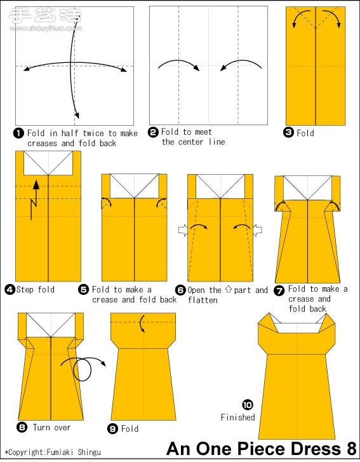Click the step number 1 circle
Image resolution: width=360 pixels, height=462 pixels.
click(x=18, y=133)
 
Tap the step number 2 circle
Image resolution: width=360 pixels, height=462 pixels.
click(x=153, y=132)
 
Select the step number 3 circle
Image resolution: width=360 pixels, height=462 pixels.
click(x=288, y=133)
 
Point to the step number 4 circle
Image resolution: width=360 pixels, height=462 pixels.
click(x=10, y=289)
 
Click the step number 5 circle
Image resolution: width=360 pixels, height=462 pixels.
click(x=83, y=289)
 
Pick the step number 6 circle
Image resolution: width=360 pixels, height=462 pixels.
click(x=180, y=290)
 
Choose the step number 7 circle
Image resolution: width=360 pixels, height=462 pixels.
click(x=279, y=290)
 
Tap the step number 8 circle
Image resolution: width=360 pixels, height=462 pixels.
click(x=22, y=427)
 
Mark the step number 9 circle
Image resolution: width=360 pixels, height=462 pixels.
click(x=113, y=428)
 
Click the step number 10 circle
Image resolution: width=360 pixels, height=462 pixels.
click(x=248, y=405)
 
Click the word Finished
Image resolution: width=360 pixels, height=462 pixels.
click(x=238, y=418)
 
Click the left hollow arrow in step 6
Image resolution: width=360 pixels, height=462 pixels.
click(x=183, y=230)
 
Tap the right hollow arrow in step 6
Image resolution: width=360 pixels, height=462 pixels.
click(x=258, y=230)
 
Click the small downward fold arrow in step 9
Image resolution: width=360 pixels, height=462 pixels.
click(x=142, y=323)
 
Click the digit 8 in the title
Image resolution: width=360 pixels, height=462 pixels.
click(x=351, y=449)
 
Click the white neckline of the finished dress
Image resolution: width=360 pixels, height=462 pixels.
click(x=297, y=328)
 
